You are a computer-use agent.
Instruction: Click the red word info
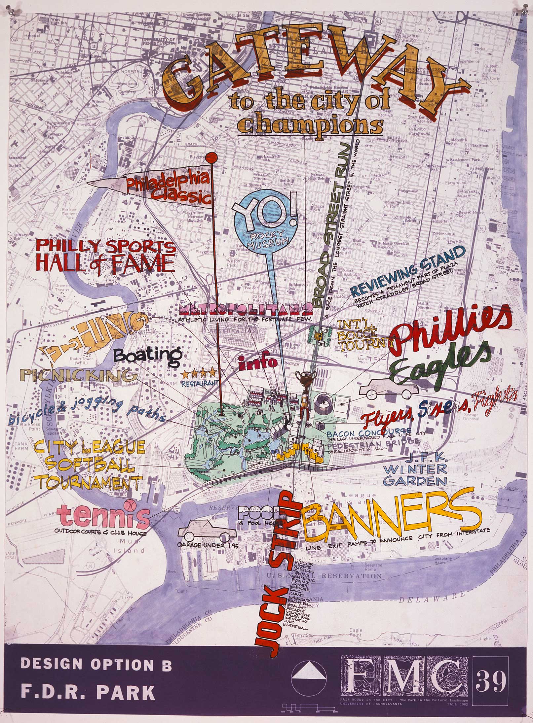(x=257, y=363)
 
